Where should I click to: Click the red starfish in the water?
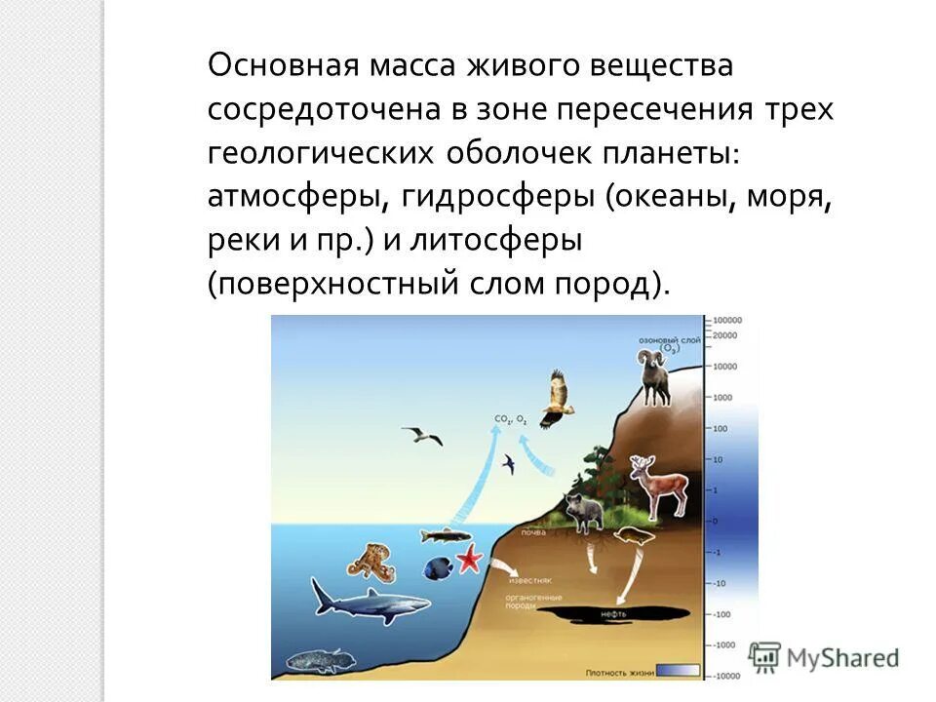(470, 559)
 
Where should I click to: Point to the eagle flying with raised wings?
(556, 398)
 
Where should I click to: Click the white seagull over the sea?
(422, 435)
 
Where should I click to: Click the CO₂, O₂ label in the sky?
(510, 420)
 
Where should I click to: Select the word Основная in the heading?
(283, 67)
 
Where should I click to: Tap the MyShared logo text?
(839, 658)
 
